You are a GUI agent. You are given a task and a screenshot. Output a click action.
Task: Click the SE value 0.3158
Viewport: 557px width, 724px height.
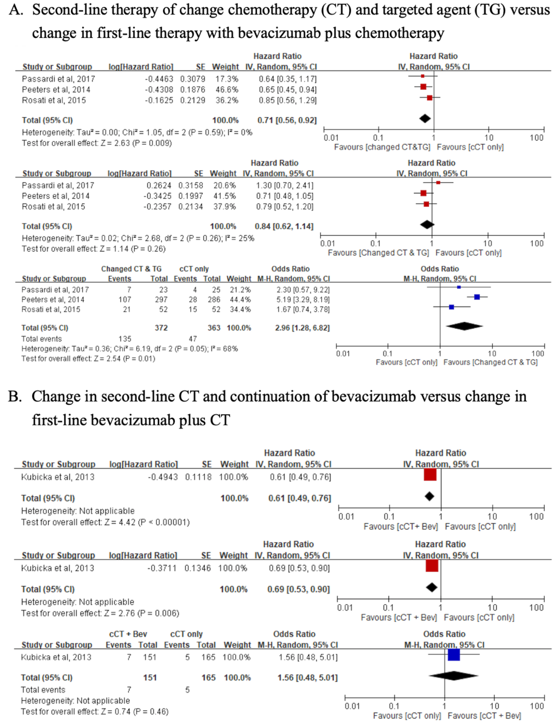click(x=191, y=185)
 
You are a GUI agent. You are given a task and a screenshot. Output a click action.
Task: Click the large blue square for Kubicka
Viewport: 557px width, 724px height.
click(x=454, y=655)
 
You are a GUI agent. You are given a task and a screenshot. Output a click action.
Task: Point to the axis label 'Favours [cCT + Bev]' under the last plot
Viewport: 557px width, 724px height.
click(x=484, y=716)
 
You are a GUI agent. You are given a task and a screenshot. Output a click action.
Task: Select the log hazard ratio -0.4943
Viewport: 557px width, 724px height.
click(x=162, y=477)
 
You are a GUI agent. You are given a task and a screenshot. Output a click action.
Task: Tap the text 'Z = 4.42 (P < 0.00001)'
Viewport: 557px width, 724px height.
click(x=147, y=522)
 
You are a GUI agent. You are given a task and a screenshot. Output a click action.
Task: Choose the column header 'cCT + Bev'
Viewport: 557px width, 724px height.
click(x=128, y=634)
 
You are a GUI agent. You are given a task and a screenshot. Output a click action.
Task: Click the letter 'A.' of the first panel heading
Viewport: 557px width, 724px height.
click(x=16, y=10)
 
